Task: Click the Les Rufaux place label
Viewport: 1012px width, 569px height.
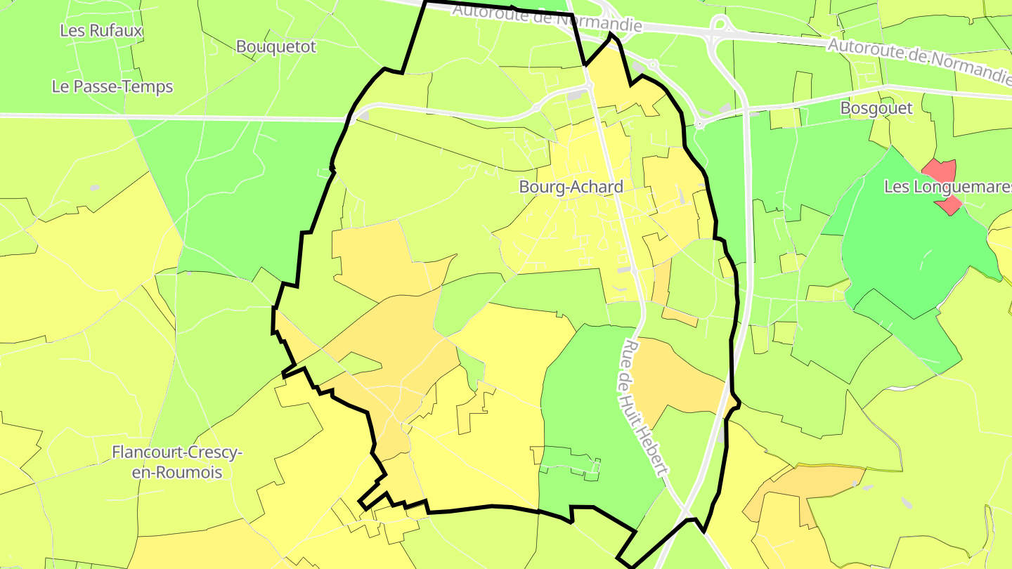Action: [101, 31]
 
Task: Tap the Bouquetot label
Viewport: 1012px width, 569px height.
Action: [276, 47]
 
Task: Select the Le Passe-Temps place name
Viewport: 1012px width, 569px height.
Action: [112, 87]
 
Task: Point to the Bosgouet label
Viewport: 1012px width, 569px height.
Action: [876, 108]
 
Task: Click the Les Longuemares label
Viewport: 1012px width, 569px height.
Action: [947, 188]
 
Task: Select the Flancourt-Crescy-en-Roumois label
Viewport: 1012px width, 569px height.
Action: [177, 462]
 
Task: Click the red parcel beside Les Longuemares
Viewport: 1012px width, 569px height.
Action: [941, 176]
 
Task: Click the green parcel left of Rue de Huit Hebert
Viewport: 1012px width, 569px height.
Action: [590, 407]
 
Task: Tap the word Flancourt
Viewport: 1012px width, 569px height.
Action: [146, 452]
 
